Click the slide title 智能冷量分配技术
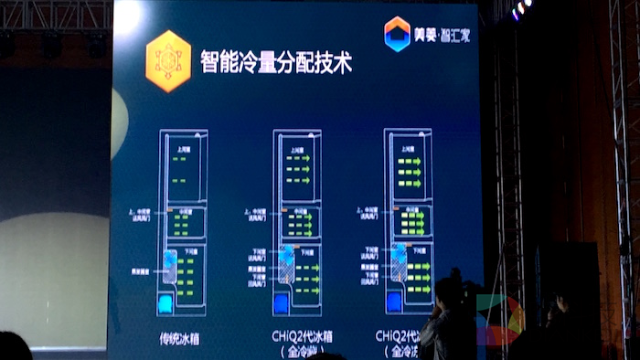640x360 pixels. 276,63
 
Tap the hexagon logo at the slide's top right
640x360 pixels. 397,34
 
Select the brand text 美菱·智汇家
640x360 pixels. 440,35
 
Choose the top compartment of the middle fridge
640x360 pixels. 300,168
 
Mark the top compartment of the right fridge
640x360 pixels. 411,166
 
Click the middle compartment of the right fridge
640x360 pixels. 412,222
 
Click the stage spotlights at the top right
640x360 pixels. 522,8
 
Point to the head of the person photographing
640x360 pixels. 448,292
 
